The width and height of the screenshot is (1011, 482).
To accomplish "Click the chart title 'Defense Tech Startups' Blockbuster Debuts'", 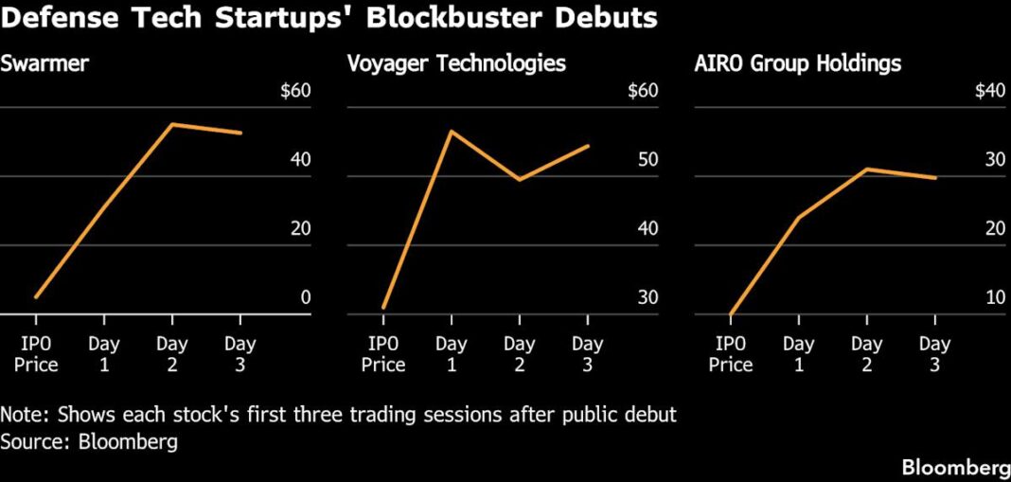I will (x=329, y=20).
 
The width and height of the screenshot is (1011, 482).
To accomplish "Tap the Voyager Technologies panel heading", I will (x=456, y=64).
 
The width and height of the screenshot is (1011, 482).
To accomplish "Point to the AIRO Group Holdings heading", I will (x=797, y=64).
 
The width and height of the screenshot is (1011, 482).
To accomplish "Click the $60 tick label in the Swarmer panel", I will (x=295, y=92).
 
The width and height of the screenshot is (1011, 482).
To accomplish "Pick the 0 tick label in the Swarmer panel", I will (x=305, y=297).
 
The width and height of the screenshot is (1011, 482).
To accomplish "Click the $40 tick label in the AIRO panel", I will (x=988, y=92).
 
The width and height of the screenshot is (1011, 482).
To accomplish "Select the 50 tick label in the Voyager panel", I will (x=647, y=160).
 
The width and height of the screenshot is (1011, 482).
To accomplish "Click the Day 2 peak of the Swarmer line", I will (x=171, y=124).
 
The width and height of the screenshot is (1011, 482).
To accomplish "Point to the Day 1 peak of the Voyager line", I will (x=451, y=132).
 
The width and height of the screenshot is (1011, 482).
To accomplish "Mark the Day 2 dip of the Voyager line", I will (x=519, y=179).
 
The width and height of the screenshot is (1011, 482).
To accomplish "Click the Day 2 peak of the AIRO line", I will (x=866, y=170).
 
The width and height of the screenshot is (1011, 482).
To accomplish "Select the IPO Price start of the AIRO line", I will (x=731, y=313).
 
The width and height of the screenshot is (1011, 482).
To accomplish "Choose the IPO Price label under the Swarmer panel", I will (x=36, y=353).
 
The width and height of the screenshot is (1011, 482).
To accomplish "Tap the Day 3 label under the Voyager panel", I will (x=587, y=353).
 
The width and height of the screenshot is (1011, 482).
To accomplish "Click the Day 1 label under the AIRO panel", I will (x=798, y=353).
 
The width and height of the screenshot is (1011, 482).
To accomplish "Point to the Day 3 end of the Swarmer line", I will (x=240, y=133).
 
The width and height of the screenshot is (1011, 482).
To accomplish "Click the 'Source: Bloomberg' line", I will (x=89, y=441).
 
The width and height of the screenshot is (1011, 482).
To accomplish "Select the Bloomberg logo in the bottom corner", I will (x=955, y=467).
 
